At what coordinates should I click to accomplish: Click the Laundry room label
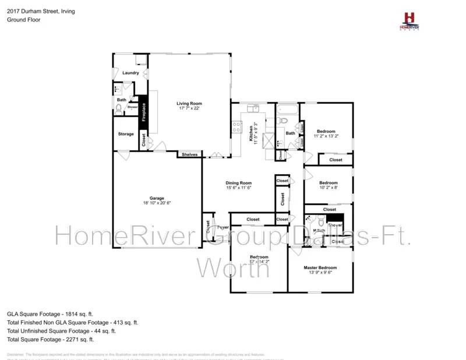(x=130, y=73)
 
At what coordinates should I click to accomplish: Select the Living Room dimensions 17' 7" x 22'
(x=189, y=109)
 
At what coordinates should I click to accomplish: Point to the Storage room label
(x=126, y=134)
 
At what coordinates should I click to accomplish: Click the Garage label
(x=157, y=197)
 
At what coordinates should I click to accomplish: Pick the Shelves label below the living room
(x=190, y=154)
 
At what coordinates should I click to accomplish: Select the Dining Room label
(x=238, y=183)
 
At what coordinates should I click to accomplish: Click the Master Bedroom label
(x=320, y=267)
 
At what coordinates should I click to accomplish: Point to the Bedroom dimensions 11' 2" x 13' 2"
(x=326, y=136)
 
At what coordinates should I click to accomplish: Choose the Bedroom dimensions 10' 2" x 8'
(x=328, y=188)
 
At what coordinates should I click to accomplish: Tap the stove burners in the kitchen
(x=237, y=126)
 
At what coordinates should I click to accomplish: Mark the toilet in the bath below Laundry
(x=119, y=108)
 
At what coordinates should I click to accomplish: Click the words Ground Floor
(x=22, y=19)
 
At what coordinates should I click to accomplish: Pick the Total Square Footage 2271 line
(x=50, y=339)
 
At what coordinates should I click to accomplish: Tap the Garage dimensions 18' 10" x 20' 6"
(x=157, y=203)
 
